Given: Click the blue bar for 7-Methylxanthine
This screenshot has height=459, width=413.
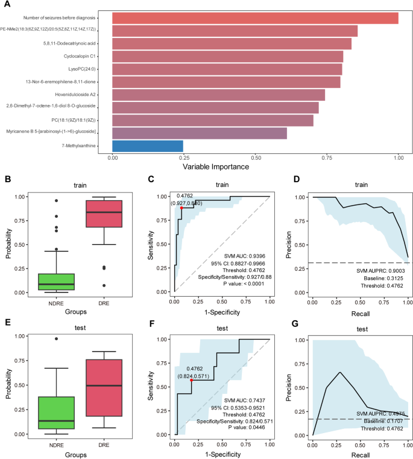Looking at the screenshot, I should (147, 145).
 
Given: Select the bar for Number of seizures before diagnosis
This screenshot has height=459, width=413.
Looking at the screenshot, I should (255, 18).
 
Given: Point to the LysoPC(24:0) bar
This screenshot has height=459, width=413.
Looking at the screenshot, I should (227, 69).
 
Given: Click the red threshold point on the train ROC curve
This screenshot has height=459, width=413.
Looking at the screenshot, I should (181, 208).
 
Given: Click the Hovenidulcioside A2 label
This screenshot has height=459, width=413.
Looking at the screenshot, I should (84, 94).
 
